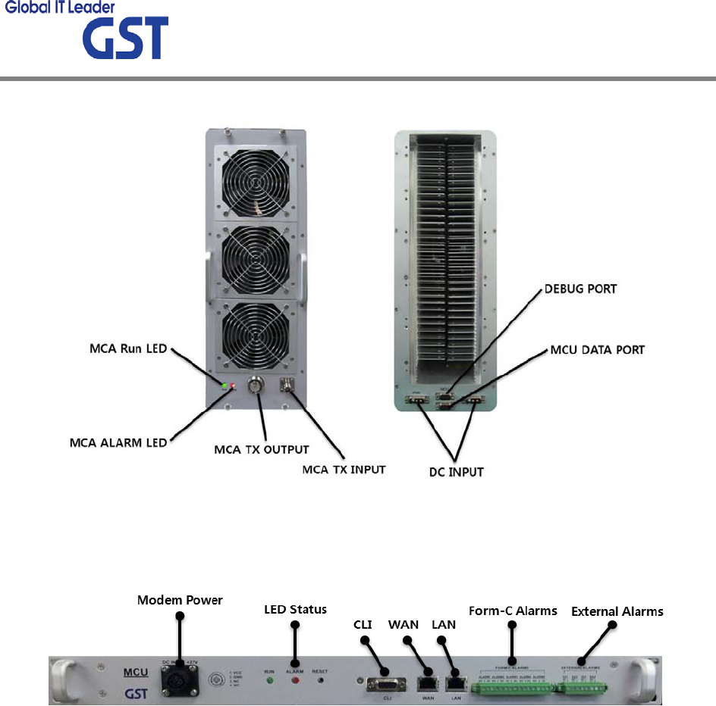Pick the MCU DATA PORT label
tap(597, 349)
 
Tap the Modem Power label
tap(180, 600)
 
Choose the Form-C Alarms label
tap(513, 611)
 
